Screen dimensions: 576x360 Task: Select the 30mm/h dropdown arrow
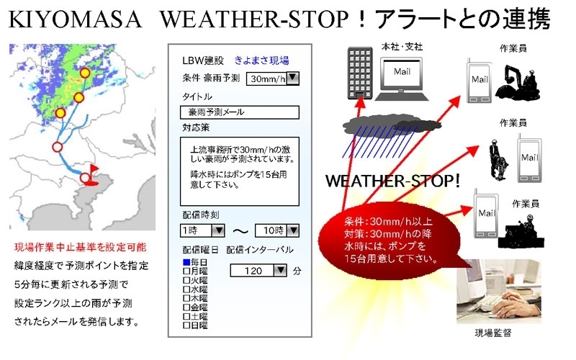coord(293,78)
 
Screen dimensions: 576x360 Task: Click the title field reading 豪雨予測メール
coord(240,112)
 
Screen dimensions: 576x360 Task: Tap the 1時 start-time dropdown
coord(202,230)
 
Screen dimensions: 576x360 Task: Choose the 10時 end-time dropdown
coord(277,230)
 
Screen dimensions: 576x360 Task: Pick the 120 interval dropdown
coord(258,271)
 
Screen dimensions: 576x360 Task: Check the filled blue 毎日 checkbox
coord(186,262)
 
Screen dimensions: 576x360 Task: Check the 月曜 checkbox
coord(186,271)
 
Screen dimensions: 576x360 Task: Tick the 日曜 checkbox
coord(186,325)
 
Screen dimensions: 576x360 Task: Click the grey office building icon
coord(360,73)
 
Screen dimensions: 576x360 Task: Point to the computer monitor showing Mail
coord(402,75)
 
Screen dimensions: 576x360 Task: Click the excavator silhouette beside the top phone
coord(518,83)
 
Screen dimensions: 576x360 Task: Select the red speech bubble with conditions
coord(390,240)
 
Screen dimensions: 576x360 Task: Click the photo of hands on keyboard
coord(498,292)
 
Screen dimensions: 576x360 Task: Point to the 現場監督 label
coord(493,333)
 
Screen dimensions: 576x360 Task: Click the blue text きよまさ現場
coord(261,60)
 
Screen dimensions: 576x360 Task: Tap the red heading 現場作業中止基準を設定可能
coord(81,247)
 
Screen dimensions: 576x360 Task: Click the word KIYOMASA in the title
coord(75,19)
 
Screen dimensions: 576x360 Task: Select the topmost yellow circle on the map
coord(85,73)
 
